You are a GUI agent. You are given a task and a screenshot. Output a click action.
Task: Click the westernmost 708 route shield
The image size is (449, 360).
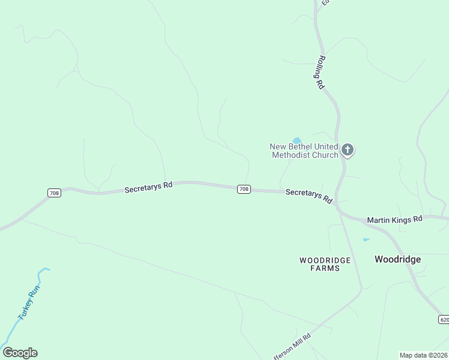(x=54, y=193)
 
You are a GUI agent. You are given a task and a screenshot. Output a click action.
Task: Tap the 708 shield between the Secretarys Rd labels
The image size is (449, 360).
(x=244, y=189)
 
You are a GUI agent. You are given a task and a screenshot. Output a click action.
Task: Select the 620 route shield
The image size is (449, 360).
(x=444, y=319)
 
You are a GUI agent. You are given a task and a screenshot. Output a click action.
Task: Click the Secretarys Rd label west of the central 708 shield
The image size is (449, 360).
(x=148, y=187)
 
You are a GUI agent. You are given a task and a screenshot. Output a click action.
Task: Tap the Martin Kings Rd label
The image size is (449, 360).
(x=394, y=219)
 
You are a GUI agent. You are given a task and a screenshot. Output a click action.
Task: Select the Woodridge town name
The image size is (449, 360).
(x=397, y=259)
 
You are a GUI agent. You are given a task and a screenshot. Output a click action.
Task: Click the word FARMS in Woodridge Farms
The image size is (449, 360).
(x=325, y=268)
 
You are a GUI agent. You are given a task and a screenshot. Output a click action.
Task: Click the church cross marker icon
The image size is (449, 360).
(x=348, y=149)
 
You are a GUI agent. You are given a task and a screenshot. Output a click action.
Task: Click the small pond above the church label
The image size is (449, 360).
(x=297, y=140)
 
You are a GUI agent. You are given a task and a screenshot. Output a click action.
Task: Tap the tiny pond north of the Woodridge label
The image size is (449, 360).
(x=366, y=240)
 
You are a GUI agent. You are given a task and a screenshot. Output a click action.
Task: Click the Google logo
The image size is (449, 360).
(x=20, y=353)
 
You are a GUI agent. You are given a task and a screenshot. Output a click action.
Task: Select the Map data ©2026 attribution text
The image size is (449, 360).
(x=424, y=355)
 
